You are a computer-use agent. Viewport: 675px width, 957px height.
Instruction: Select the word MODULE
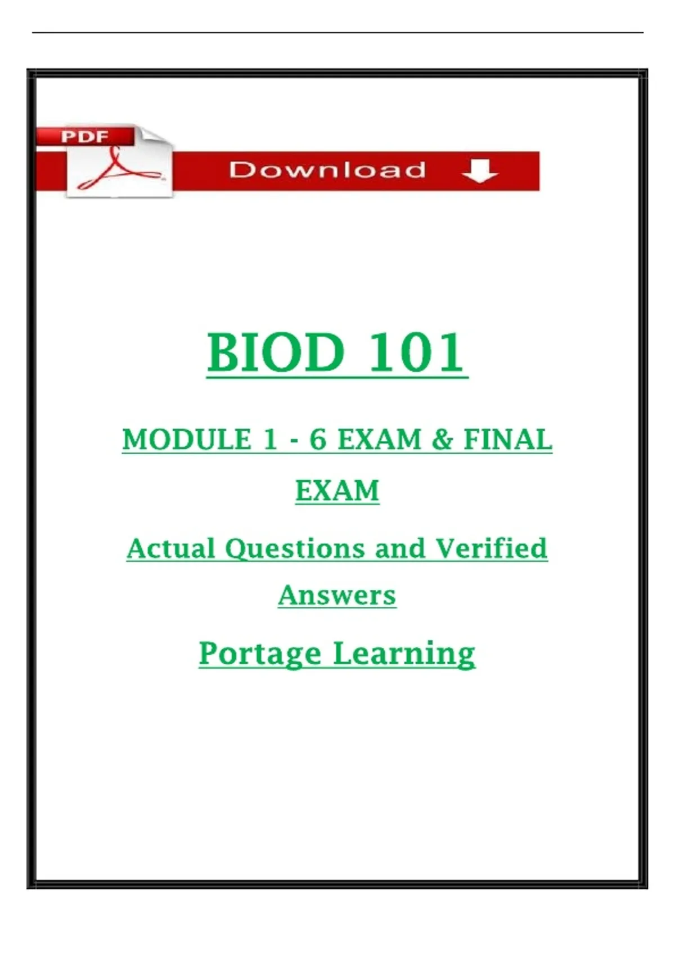click(x=187, y=440)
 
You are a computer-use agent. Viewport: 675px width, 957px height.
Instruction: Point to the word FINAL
click(x=508, y=440)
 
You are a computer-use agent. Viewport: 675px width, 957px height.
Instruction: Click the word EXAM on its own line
click(x=337, y=490)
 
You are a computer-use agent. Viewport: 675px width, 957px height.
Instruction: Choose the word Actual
click(x=171, y=548)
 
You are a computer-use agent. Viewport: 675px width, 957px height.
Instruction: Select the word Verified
click(x=492, y=548)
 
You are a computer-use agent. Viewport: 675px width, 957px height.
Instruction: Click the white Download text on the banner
click(x=327, y=170)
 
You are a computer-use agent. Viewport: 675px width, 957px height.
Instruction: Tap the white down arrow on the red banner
click(x=480, y=171)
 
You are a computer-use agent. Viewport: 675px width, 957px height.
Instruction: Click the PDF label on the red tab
click(x=84, y=137)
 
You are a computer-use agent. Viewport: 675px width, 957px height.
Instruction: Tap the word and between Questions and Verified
click(x=400, y=548)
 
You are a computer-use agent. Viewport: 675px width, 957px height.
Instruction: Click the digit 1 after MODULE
click(x=270, y=440)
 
